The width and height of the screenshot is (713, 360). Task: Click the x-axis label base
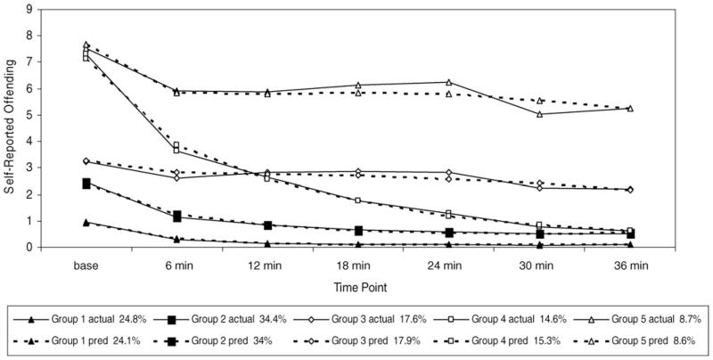coord(86,265)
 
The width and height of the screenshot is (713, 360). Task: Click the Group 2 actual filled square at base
coord(86,184)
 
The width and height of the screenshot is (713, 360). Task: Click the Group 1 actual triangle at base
coord(86,222)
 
